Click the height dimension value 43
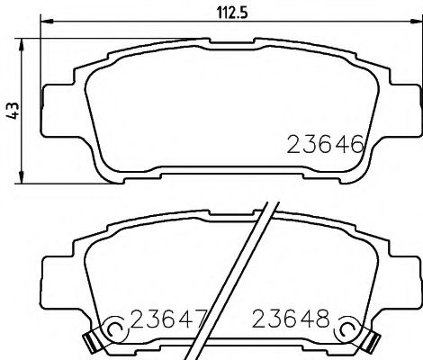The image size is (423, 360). [x=11, y=110]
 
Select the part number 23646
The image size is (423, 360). [x=324, y=145]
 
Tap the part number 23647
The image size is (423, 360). [x=169, y=319]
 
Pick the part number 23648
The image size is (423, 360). [x=292, y=319]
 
